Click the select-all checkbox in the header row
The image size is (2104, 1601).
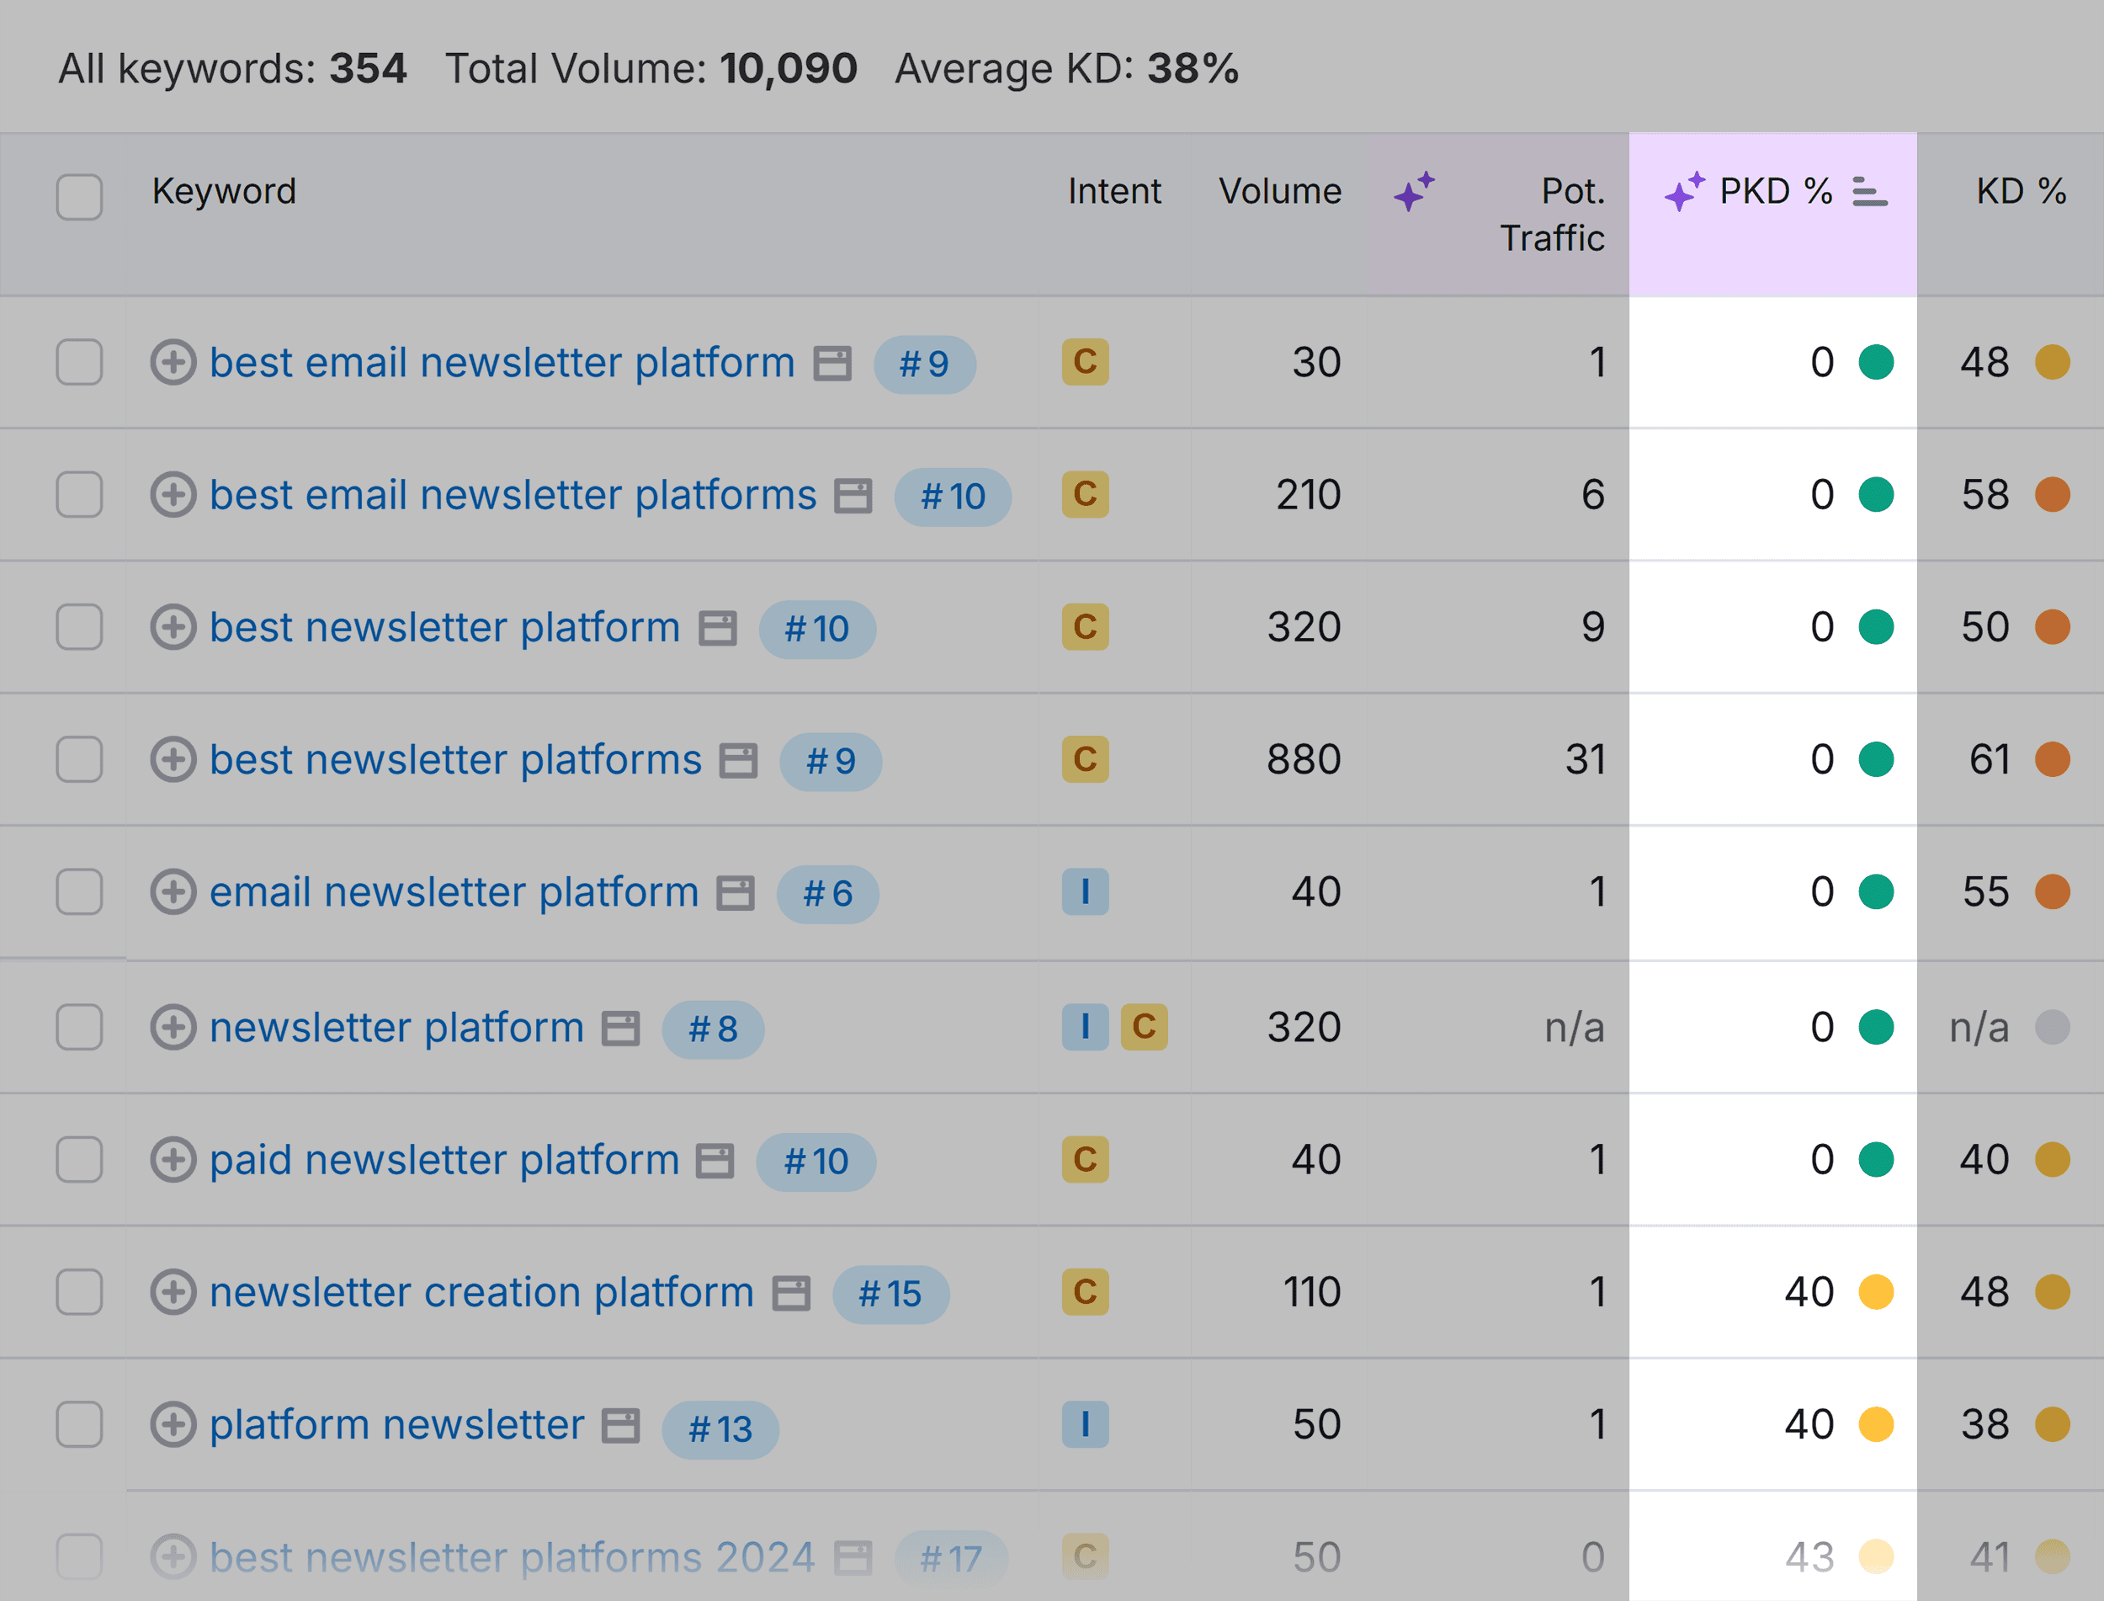[x=79, y=197]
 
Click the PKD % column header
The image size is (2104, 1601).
[x=1775, y=192]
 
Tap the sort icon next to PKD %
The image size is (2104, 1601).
[x=1868, y=192]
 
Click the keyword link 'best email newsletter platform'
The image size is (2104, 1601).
[x=502, y=362]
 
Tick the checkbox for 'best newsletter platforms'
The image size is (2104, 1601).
[x=79, y=759]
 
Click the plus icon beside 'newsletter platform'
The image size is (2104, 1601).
[x=173, y=1027]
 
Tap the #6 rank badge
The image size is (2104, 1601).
[x=827, y=894]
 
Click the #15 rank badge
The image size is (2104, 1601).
[x=890, y=1294]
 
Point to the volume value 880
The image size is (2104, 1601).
[x=1303, y=759]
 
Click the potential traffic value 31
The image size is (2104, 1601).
[x=1585, y=759]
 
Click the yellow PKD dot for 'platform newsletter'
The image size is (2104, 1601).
[x=1875, y=1425]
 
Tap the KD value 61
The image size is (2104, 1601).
[x=1990, y=759]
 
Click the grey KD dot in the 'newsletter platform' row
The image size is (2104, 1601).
[x=2052, y=1027]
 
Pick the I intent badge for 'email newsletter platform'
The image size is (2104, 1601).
[x=1084, y=892]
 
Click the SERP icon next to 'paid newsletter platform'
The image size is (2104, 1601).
[x=715, y=1161]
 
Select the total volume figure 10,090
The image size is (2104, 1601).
[x=788, y=69]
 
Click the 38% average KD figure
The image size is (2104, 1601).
[x=1192, y=69]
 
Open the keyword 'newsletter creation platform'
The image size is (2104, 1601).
[x=481, y=1292]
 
